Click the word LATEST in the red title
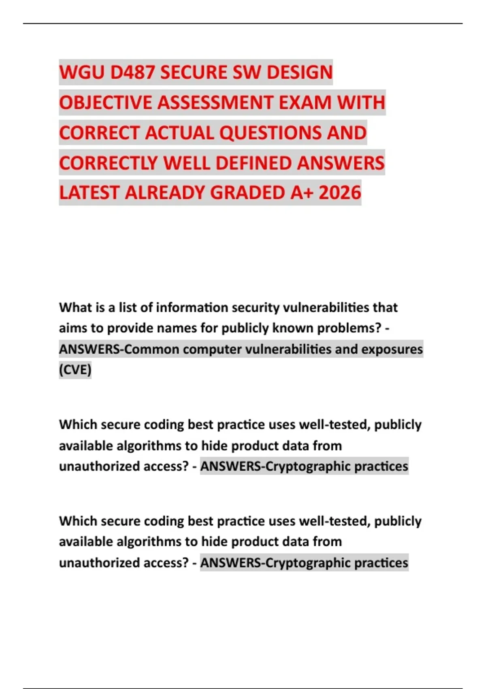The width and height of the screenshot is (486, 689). (90, 193)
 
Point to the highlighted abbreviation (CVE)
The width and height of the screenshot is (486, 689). (75, 370)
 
